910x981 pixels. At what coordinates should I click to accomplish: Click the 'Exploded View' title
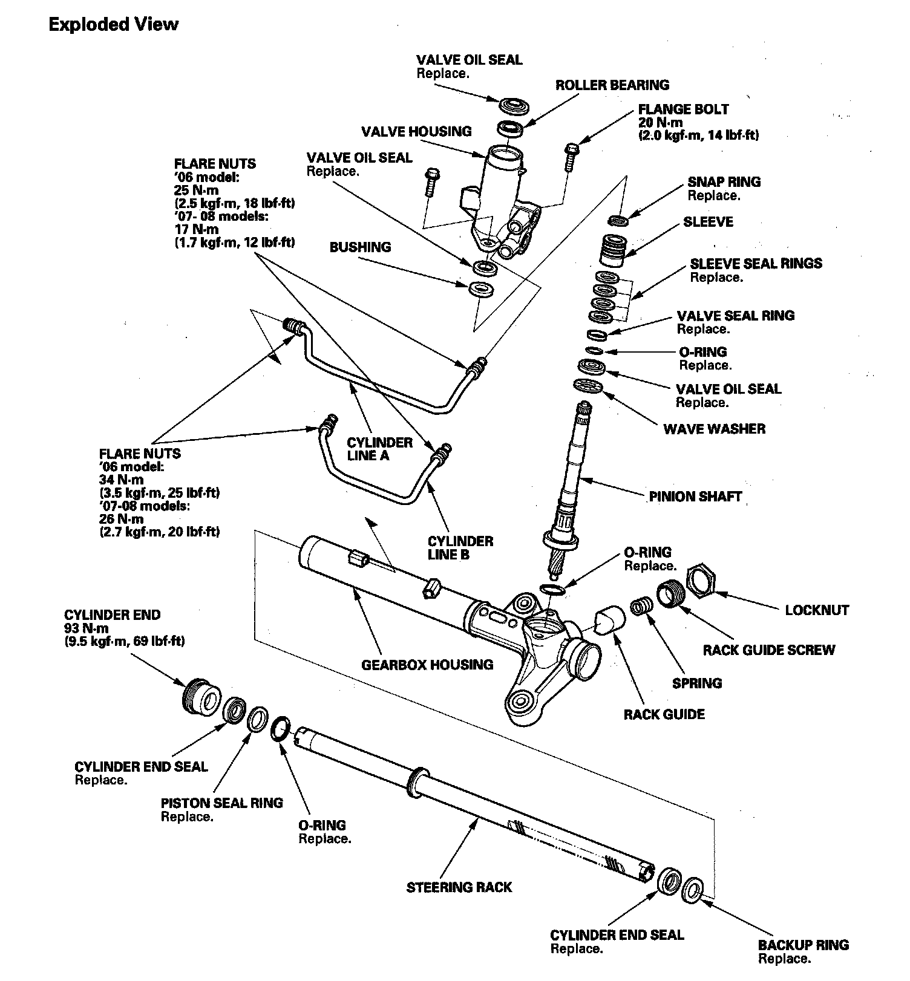coord(113,25)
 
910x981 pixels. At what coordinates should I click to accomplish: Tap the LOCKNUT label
coord(817,610)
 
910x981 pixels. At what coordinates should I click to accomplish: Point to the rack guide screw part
coord(670,592)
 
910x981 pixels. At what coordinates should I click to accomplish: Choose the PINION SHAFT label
coord(695,497)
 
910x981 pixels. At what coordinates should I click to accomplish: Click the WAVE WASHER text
coord(714,429)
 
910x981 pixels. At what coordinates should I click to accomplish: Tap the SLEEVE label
coord(708,222)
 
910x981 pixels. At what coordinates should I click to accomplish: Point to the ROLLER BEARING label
coord(612,85)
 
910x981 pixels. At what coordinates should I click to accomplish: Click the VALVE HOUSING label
coord(416,132)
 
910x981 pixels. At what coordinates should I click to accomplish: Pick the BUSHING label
coord(360,247)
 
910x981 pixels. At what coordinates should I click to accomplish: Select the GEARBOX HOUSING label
coord(427,665)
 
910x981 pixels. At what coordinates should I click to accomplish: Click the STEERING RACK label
coord(459,887)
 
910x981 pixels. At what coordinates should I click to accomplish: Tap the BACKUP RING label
coord(804,945)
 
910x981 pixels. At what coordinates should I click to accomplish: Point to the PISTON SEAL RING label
coord(221,803)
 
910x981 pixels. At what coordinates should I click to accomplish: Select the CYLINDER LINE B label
coord(460,547)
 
